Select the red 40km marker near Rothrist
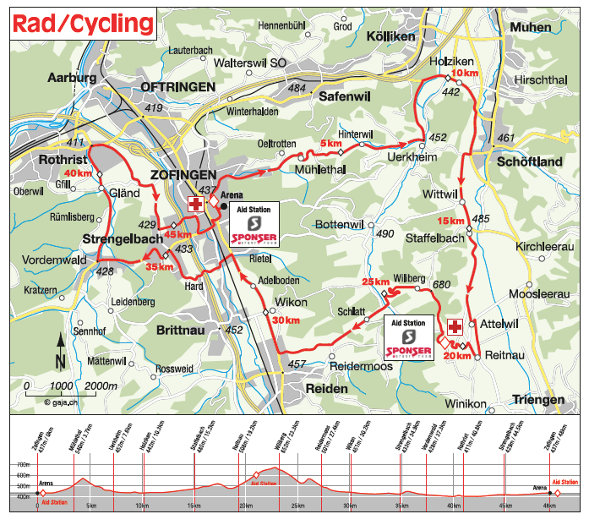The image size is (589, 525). (77, 173)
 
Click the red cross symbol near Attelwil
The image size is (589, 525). (455, 327)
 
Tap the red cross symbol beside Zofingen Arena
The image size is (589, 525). (195, 205)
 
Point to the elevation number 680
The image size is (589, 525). (442, 285)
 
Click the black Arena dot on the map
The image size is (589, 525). (223, 205)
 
